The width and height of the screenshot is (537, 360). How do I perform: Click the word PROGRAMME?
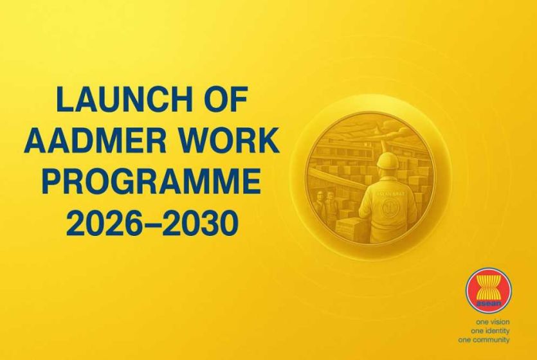(x=152, y=182)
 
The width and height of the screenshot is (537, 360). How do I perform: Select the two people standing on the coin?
(x=324, y=203)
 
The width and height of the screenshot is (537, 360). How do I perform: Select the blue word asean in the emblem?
(x=489, y=303)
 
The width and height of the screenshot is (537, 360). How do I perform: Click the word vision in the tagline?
(x=500, y=322)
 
